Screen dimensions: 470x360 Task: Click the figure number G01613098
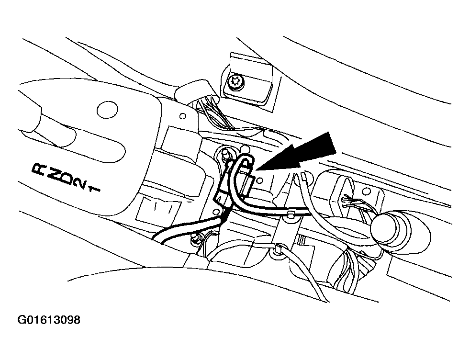[x=49, y=320]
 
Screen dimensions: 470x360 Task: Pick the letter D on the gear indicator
[x=68, y=179]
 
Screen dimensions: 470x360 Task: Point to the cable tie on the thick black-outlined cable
[x=290, y=214]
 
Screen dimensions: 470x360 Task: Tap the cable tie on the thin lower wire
[x=279, y=248]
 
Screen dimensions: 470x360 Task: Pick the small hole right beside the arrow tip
[x=260, y=180]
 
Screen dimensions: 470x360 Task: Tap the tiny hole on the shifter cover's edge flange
[x=182, y=116]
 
